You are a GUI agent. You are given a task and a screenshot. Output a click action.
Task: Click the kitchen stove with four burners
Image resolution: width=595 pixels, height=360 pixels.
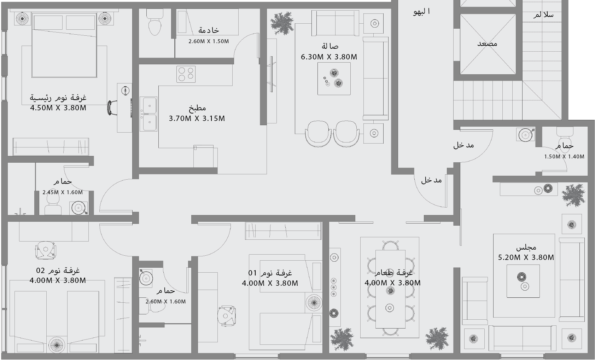click(x=186, y=74)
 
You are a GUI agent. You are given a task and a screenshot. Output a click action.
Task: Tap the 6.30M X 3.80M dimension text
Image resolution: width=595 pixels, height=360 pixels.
click(x=329, y=57)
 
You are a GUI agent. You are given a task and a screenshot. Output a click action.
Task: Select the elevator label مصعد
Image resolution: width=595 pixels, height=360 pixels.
click(x=487, y=43)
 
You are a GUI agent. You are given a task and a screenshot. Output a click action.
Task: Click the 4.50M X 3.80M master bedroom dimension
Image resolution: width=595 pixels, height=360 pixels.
click(x=58, y=108)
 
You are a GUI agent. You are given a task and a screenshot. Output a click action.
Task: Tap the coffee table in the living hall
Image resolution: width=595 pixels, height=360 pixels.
click(x=334, y=79)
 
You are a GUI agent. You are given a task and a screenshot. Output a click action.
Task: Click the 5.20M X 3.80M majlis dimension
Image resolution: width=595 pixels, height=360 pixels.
click(x=526, y=257)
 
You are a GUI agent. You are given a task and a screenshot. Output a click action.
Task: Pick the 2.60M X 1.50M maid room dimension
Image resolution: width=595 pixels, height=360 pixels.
click(x=209, y=41)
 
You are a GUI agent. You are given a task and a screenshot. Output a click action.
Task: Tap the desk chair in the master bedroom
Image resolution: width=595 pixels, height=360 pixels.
click(x=112, y=108)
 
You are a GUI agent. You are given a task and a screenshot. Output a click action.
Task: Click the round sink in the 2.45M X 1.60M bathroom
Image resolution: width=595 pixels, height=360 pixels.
click(x=78, y=208)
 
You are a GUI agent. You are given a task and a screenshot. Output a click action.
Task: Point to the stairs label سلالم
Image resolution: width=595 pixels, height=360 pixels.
click(x=543, y=15)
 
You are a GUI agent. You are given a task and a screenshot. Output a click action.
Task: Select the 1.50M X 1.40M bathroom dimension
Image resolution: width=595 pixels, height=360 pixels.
click(x=564, y=156)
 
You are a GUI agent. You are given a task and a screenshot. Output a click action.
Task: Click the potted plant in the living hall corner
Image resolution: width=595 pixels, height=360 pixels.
click(x=283, y=23)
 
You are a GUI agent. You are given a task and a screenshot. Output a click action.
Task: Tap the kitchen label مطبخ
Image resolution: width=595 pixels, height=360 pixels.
click(x=197, y=108)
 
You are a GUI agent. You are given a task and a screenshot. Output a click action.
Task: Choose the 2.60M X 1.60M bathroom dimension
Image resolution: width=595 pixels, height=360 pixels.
click(x=165, y=302)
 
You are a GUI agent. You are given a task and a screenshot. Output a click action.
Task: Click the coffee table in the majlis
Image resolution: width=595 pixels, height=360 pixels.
click(x=523, y=281)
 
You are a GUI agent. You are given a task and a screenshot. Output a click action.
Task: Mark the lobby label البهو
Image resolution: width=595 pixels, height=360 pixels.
click(x=421, y=12)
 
